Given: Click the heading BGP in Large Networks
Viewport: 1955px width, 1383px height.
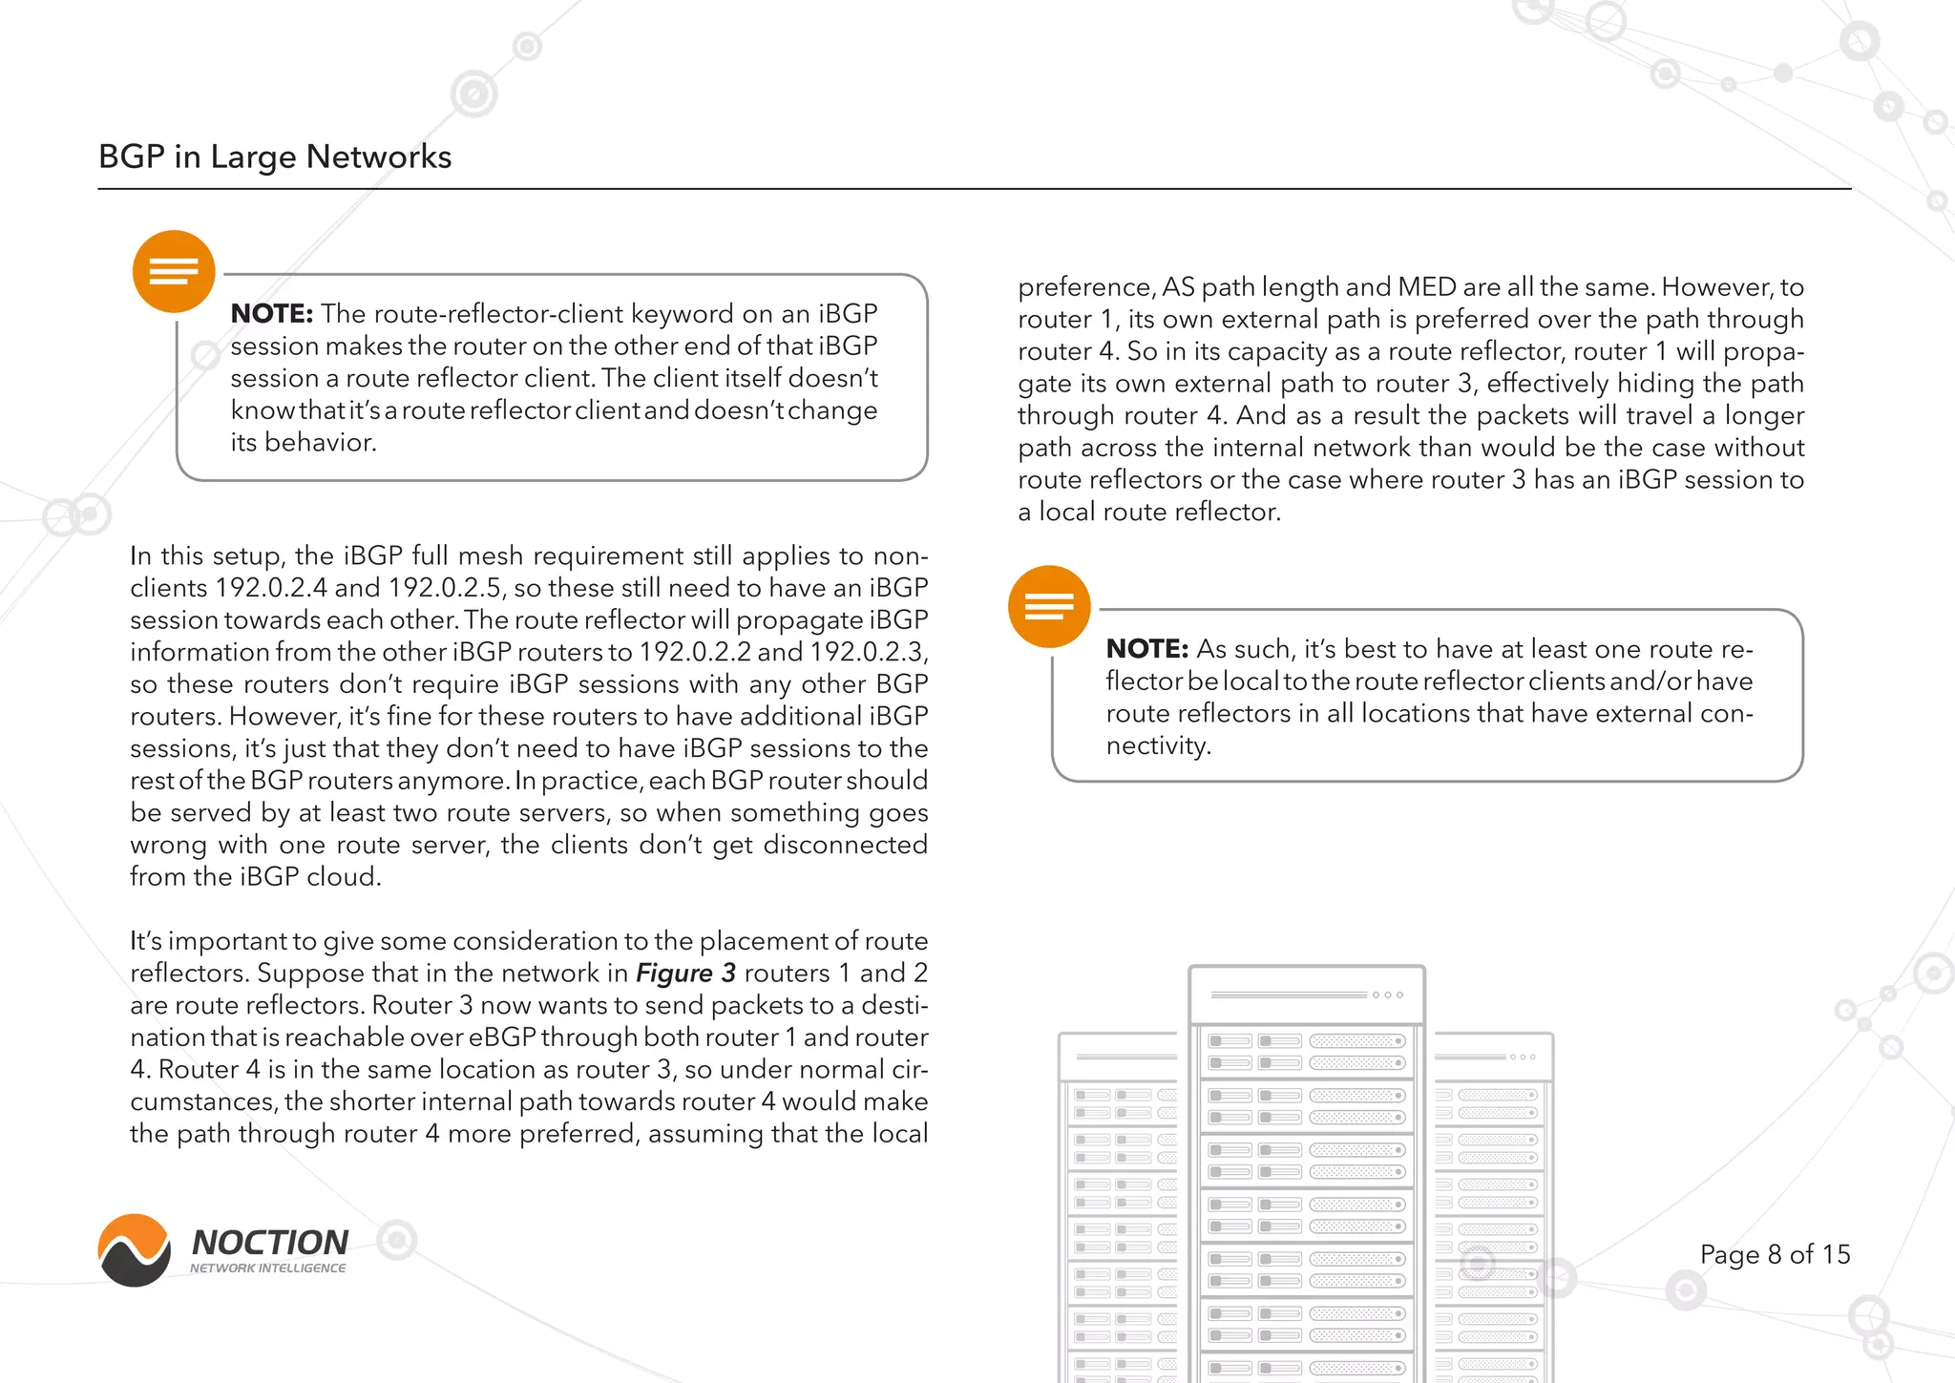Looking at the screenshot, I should coord(275,157).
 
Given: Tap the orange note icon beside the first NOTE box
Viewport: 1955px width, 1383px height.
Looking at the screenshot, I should coord(174,272).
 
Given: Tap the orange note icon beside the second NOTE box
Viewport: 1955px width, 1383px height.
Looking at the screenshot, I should coord(1049,607).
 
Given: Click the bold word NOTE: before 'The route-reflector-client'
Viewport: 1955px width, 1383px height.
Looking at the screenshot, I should coord(272,314).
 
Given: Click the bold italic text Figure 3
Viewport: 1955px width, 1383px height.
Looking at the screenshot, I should coord(685,974).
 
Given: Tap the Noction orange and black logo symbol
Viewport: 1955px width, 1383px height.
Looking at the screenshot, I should coord(135,1250).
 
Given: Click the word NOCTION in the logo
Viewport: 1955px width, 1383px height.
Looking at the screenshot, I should coord(270,1243).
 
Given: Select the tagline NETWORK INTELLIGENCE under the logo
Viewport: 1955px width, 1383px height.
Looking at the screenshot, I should coord(268,1268).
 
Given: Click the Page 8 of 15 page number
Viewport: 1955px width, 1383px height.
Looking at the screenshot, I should coord(1775,1254).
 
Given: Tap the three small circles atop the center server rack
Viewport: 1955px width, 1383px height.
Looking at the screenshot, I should coord(1387,995).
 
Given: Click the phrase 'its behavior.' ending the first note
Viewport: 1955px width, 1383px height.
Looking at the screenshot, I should coord(304,443).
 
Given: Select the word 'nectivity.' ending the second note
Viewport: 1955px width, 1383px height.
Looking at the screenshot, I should coord(1158,745).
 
